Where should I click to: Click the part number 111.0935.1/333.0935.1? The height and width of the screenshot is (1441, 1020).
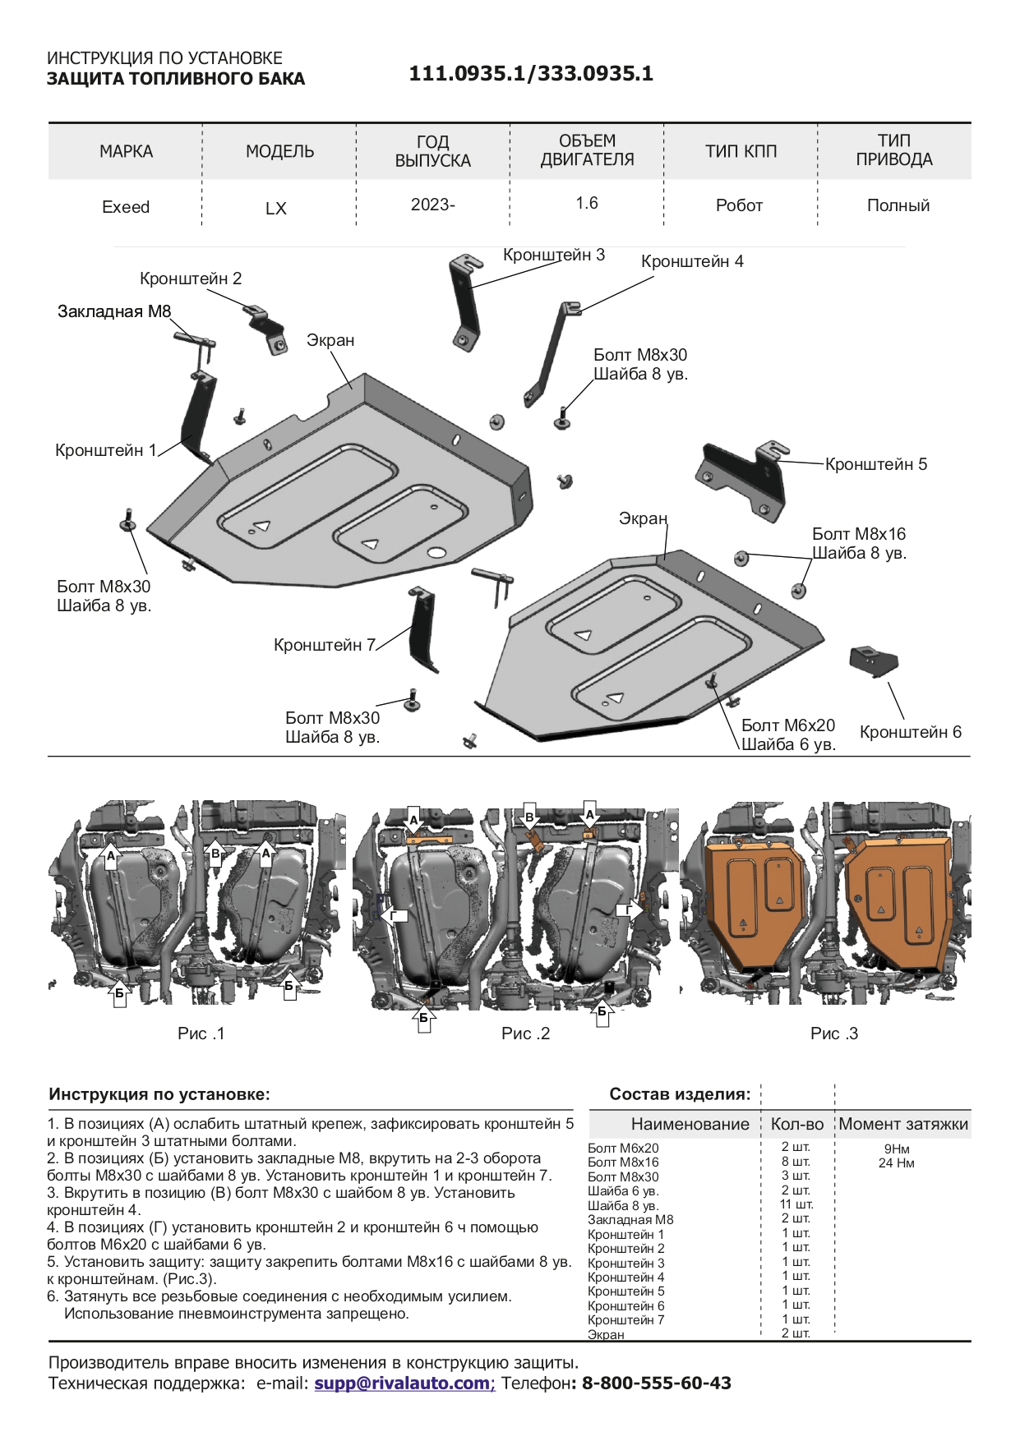click(x=531, y=74)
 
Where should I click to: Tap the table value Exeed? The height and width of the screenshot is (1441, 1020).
click(x=126, y=207)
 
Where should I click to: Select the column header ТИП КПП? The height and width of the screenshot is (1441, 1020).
click(x=741, y=151)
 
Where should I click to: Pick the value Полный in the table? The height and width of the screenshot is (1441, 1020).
click(x=898, y=205)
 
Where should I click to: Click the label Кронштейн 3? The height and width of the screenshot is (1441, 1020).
click(x=553, y=255)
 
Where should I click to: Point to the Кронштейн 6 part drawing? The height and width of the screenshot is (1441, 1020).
click(x=873, y=660)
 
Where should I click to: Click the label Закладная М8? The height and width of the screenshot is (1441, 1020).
click(x=114, y=311)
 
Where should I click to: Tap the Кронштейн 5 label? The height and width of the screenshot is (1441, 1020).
click(x=875, y=464)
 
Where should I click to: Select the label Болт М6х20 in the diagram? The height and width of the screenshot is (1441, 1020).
click(x=787, y=725)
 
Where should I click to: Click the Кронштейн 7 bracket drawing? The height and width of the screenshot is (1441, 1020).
click(x=422, y=628)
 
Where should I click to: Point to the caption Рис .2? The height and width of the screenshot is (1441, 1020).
click(x=525, y=1034)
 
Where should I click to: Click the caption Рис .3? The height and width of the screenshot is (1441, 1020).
click(x=833, y=1034)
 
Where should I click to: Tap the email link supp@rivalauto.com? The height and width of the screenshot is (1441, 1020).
click(x=404, y=1383)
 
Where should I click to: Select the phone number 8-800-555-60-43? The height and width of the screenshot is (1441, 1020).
click(x=656, y=1383)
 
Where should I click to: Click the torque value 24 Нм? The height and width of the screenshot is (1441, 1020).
click(x=896, y=1163)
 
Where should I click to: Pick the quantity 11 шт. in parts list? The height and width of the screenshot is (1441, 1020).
click(x=796, y=1204)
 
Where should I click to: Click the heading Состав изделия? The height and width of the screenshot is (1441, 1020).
click(x=680, y=1094)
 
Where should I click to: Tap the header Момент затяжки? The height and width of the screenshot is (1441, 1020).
click(x=903, y=1124)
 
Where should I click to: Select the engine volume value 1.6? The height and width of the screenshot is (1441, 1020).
click(x=586, y=203)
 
